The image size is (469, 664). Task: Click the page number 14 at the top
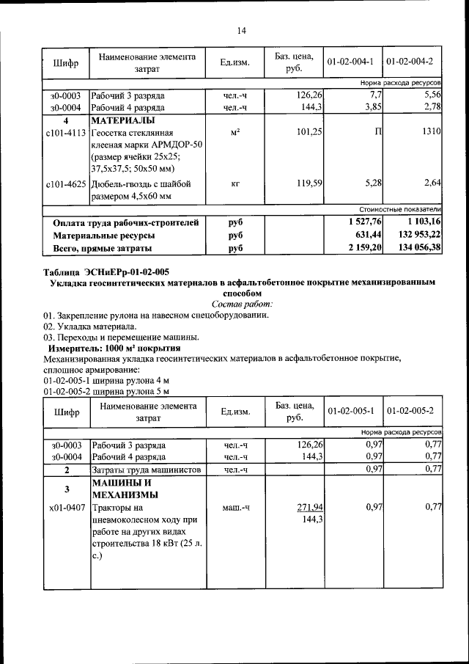[242, 30]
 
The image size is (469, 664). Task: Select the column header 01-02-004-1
[351, 62]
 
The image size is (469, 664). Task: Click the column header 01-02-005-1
[351, 411]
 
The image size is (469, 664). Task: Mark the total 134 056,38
[416, 248]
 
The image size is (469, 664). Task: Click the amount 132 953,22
[416, 235]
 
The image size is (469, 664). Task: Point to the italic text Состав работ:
[242, 304]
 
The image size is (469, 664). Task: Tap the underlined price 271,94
[310, 507]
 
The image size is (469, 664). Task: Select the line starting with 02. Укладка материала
[89, 326]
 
